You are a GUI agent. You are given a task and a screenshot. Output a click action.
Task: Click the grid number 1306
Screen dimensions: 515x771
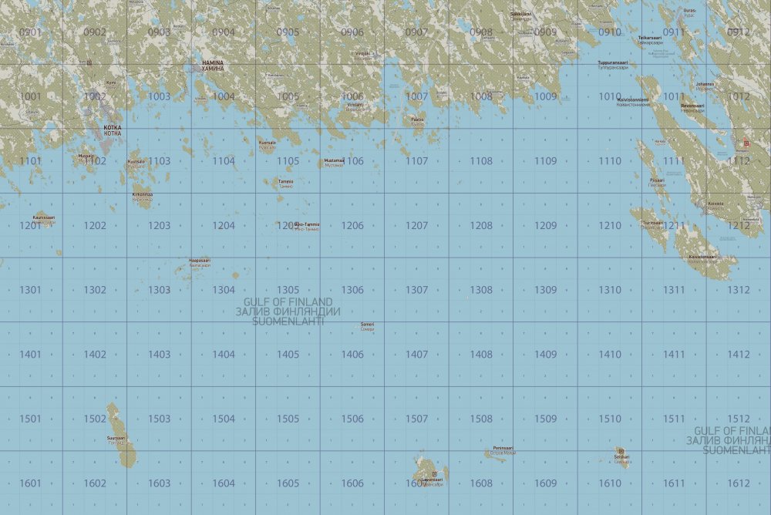(x=352, y=290)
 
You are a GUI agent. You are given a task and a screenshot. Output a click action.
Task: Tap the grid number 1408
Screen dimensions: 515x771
(x=481, y=355)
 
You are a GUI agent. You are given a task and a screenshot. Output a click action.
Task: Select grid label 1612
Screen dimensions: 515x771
(x=738, y=483)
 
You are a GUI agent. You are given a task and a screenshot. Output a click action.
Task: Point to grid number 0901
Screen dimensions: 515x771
(x=31, y=32)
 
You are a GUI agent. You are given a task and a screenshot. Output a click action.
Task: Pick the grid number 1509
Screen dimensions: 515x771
(x=545, y=419)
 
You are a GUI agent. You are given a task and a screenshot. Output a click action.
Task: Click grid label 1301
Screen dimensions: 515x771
(x=31, y=290)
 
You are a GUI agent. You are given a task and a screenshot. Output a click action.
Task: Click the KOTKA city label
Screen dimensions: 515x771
(x=113, y=130)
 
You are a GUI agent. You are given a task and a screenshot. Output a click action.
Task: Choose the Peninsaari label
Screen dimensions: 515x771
(x=503, y=449)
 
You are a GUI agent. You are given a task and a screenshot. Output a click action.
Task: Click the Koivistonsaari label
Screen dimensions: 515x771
(x=702, y=257)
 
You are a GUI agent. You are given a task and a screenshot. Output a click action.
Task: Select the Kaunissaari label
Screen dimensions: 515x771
(x=44, y=218)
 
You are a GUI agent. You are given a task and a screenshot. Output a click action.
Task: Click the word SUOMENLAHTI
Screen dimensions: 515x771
(x=288, y=321)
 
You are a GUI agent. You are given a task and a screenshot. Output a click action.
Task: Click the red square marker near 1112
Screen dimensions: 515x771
(x=746, y=143)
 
